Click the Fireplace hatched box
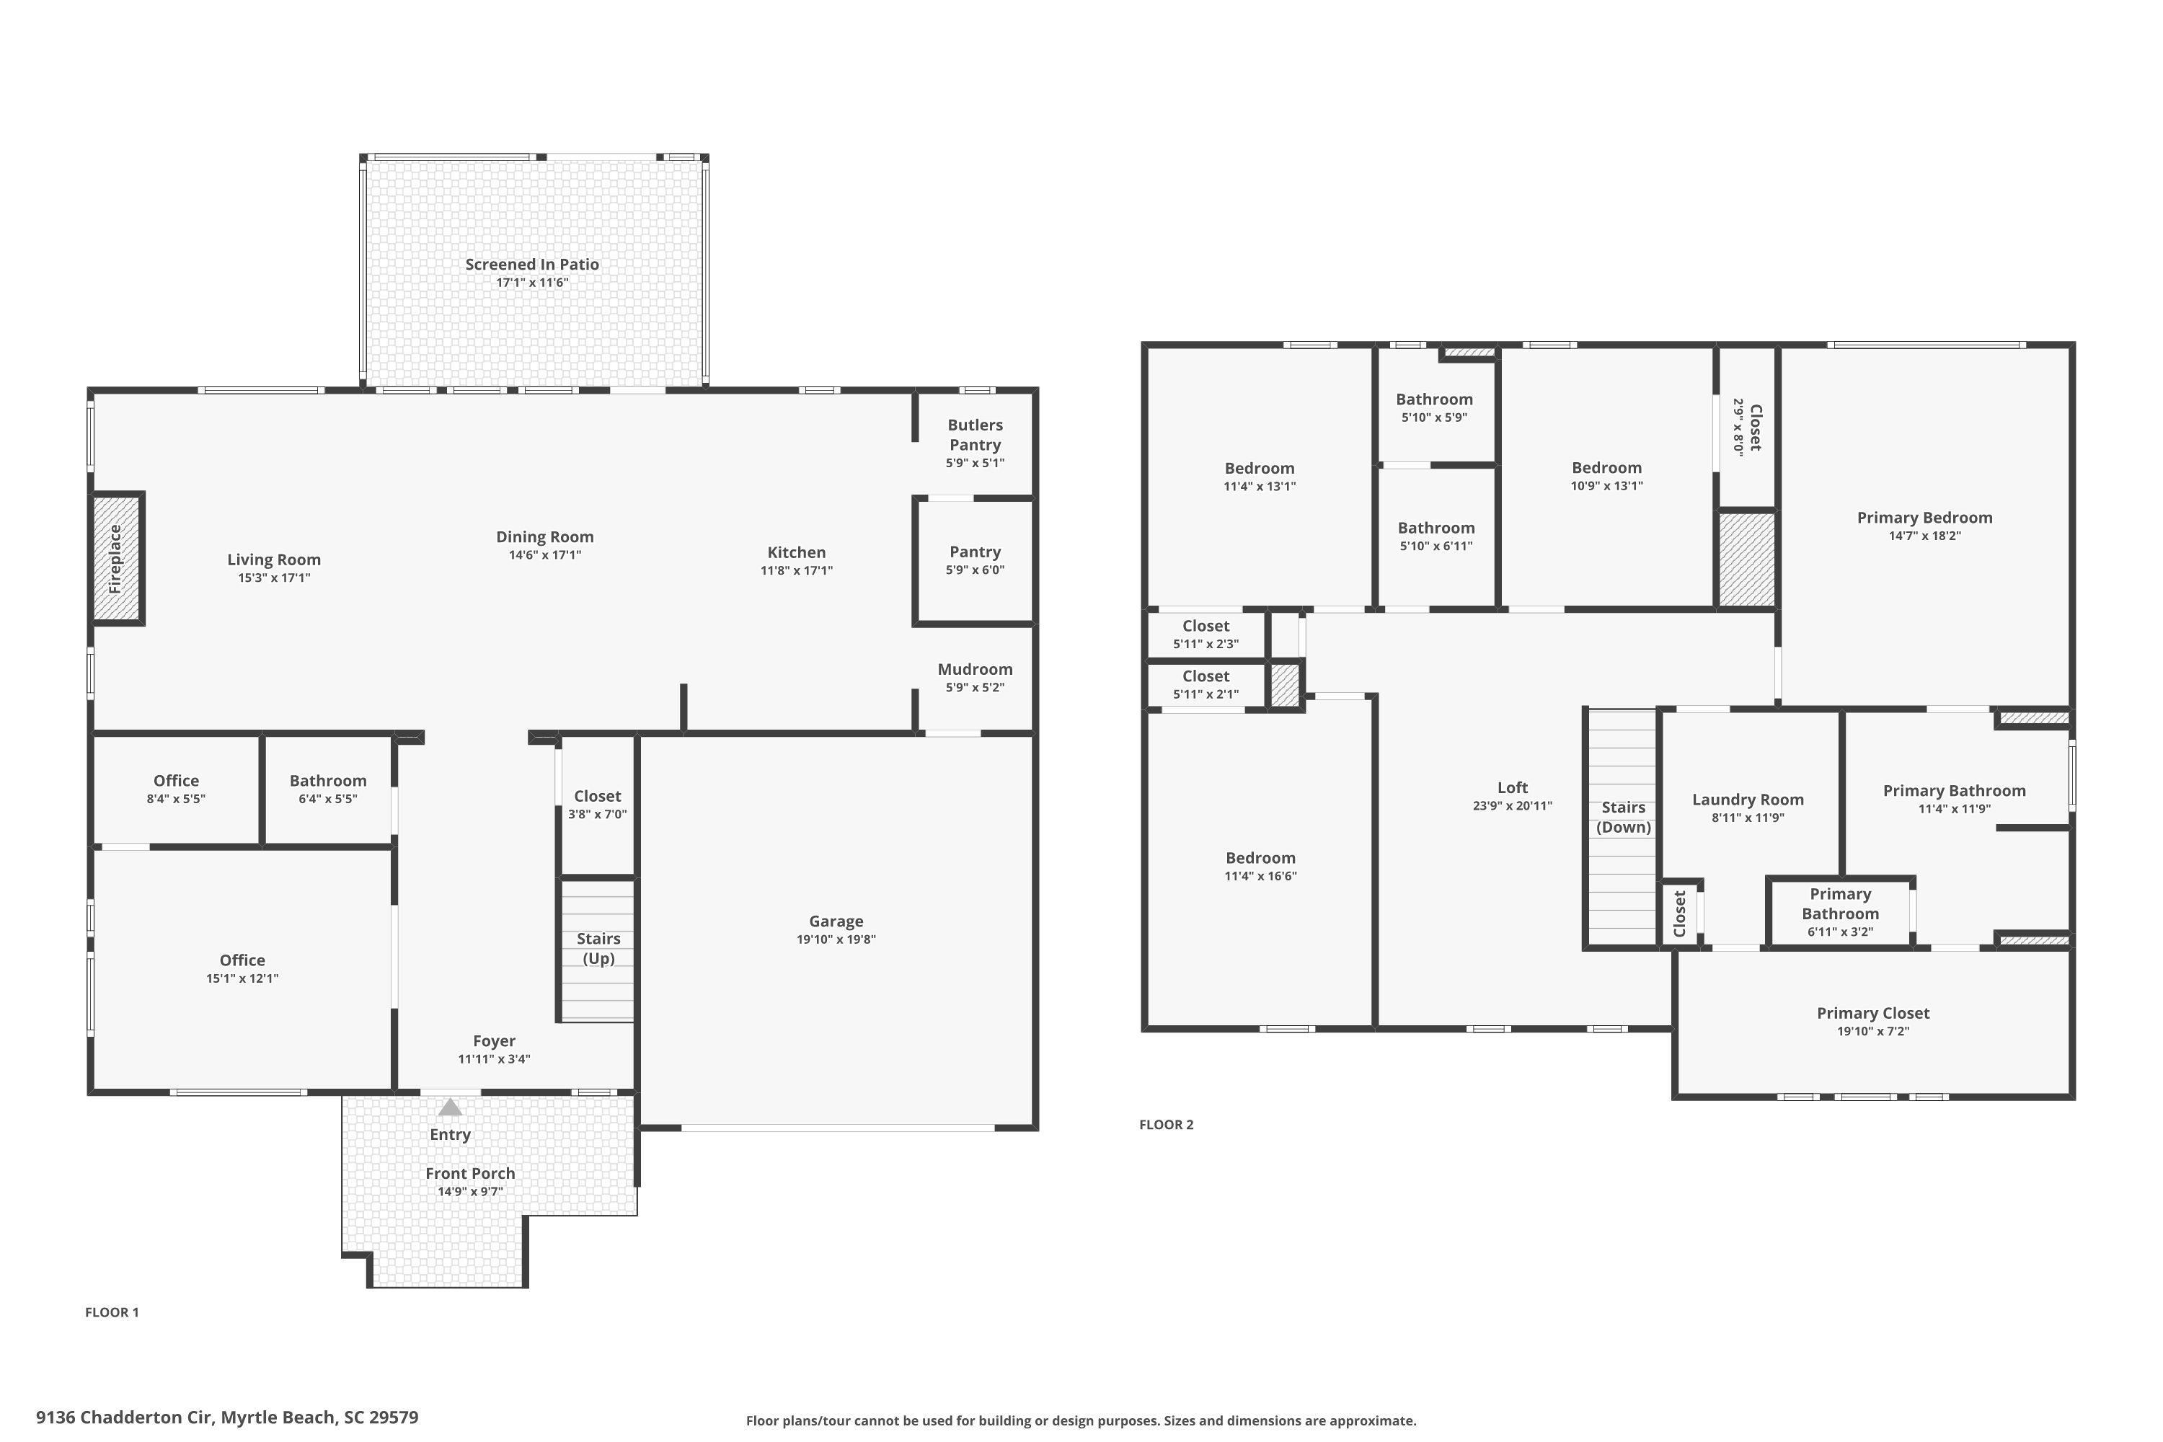click(x=117, y=558)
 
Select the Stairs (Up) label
click(x=598, y=948)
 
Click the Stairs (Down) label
click(x=1623, y=817)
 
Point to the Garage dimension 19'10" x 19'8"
click(x=836, y=939)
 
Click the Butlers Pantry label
click(x=975, y=434)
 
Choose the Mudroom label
click(x=975, y=668)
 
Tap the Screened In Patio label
click(x=531, y=264)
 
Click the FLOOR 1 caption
click(x=112, y=1311)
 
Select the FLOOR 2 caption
click(x=1166, y=1124)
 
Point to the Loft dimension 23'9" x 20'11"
click(x=1512, y=805)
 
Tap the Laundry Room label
click(x=1747, y=799)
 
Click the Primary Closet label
click(x=1872, y=1012)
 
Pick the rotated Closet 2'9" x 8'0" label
click(x=1746, y=427)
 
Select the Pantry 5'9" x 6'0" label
click(x=975, y=559)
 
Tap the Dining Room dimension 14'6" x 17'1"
click(x=544, y=554)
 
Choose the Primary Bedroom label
click(x=1924, y=517)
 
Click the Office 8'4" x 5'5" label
click(x=176, y=788)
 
